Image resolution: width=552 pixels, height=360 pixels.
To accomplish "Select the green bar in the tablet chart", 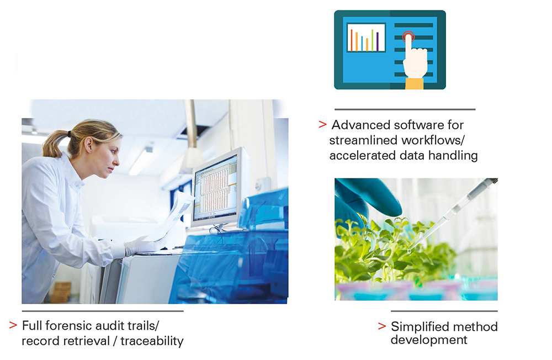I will point(372,40).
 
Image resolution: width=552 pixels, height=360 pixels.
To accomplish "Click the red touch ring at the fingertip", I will point(408,38).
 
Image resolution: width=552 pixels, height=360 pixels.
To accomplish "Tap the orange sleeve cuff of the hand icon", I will point(415,83).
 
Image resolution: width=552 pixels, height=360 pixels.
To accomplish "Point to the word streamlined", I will point(362,140).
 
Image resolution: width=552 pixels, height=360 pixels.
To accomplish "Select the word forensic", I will point(67,325).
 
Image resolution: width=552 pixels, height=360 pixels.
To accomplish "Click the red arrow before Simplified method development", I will point(381,326).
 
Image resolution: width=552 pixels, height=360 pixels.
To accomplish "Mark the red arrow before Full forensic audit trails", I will point(13,325).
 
